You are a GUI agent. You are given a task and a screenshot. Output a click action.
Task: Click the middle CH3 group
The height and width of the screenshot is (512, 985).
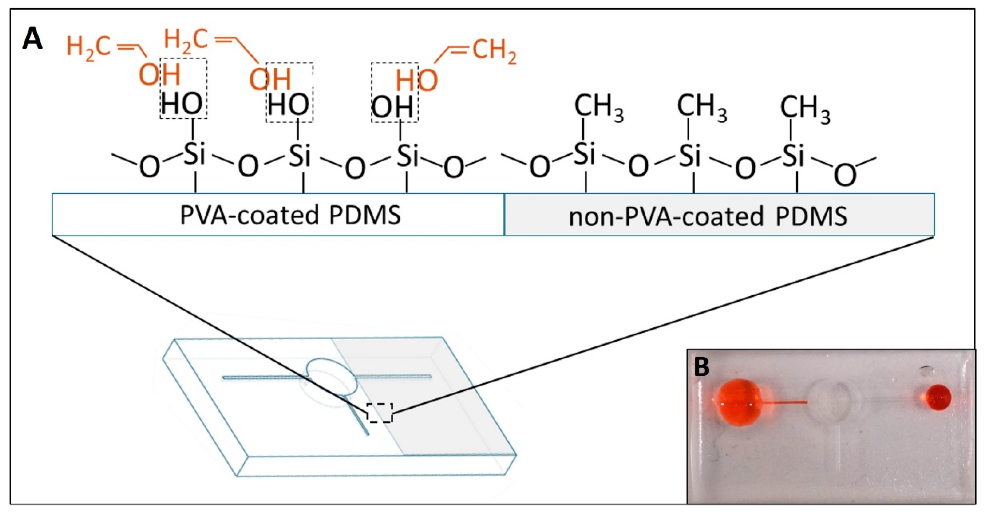coord(702,107)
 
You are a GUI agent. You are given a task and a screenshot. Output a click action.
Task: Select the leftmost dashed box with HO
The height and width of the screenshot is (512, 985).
coord(184,89)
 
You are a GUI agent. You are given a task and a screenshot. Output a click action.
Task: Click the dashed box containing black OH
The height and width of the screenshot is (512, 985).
coord(394,92)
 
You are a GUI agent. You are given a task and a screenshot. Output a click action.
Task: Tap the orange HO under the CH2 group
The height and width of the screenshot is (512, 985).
coord(416,81)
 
